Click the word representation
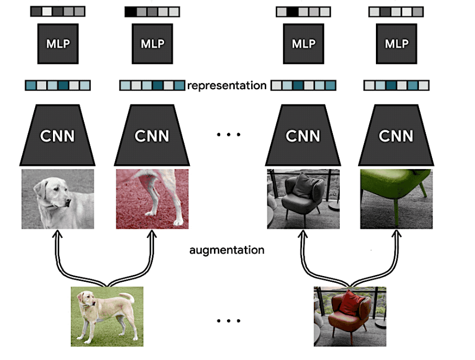(x=226, y=85)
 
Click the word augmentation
(x=226, y=250)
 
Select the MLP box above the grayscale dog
(x=58, y=44)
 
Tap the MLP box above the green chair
(x=396, y=44)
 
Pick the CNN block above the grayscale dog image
(x=58, y=135)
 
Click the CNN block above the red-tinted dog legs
(x=152, y=135)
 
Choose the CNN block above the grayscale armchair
(x=303, y=135)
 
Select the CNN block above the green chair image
(x=396, y=135)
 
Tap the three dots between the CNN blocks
(x=229, y=135)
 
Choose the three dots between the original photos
(x=229, y=321)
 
